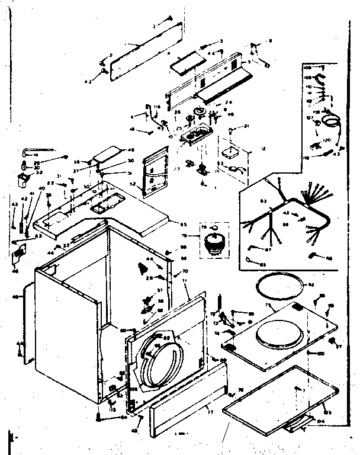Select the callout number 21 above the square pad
coord(247,126)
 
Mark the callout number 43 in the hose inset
coord(336,155)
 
